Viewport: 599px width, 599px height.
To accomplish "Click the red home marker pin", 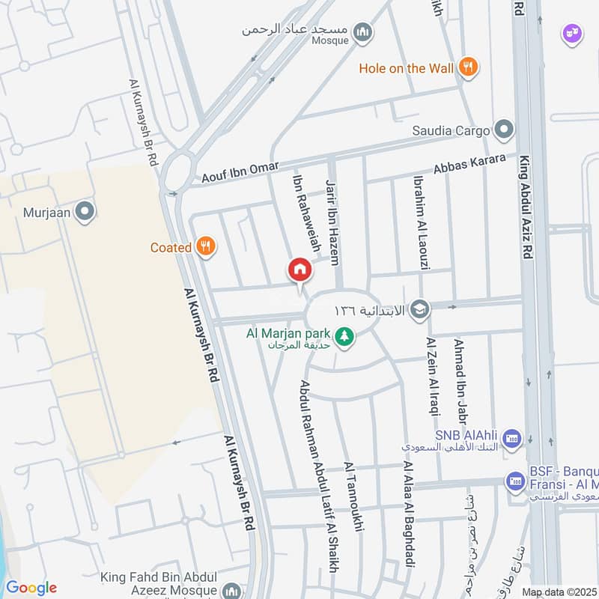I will click(x=299, y=270).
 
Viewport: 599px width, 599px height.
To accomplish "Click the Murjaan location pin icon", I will click(x=85, y=212).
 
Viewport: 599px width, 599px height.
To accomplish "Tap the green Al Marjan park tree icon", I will click(x=344, y=338).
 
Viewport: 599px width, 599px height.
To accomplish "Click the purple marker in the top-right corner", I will click(x=572, y=34).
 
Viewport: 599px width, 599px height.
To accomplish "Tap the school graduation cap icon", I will click(x=421, y=309).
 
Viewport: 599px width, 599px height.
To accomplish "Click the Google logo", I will click(x=31, y=588).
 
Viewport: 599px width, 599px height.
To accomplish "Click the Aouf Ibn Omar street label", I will click(x=240, y=172).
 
